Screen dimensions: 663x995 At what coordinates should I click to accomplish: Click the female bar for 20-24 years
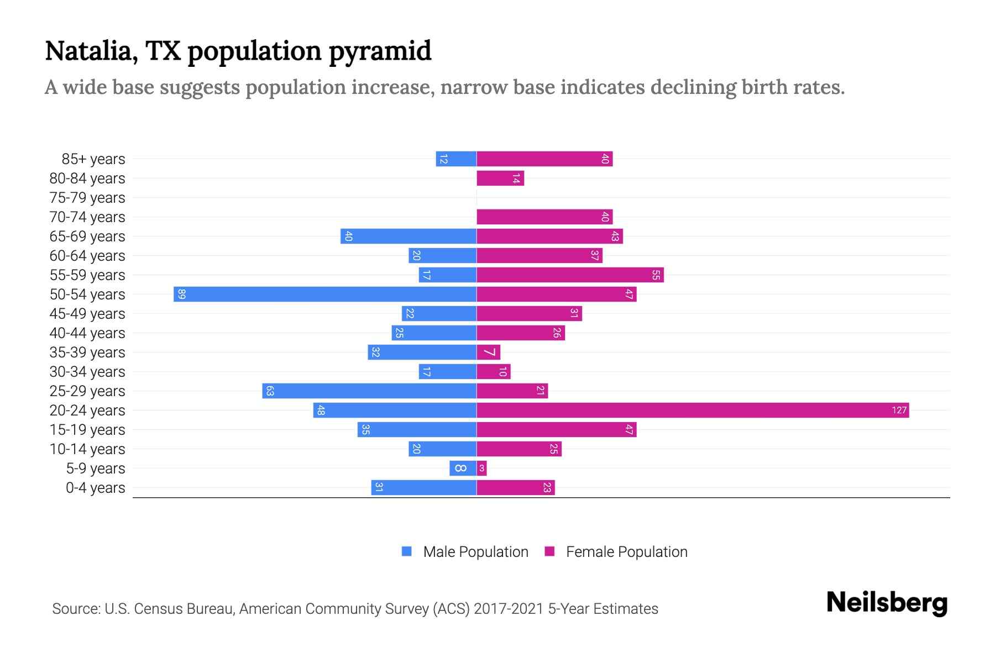pos(692,410)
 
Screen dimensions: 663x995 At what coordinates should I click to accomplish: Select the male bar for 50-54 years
pos(325,294)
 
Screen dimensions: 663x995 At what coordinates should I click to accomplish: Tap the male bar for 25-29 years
pos(369,391)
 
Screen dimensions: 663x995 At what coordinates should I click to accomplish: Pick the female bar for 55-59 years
pos(569,275)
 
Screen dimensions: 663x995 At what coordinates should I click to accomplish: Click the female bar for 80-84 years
pos(500,178)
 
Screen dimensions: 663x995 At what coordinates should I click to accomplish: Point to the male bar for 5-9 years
pos(463,468)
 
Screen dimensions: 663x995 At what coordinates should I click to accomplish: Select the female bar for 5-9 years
pos(481,468)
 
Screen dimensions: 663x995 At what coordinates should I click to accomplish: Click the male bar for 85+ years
pos(456,159)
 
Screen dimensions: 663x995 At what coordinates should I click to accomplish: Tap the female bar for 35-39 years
pos(488,352)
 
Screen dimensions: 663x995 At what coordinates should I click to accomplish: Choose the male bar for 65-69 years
pos(409,236)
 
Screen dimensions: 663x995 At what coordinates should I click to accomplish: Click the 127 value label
pos(899,410)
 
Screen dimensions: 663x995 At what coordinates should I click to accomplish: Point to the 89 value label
pos(182,294)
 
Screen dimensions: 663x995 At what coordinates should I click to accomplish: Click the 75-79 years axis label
pos(87,197)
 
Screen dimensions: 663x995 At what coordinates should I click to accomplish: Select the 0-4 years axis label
pos(95,487)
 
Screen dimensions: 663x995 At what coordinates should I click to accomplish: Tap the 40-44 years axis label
pos(87,333)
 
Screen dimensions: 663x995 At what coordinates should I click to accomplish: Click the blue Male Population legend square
pos(407,551)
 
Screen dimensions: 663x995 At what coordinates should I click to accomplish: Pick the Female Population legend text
pos(626,551)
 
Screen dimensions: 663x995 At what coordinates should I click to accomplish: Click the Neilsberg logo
pos(887,603)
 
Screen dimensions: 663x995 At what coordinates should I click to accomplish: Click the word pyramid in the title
pos(380,51)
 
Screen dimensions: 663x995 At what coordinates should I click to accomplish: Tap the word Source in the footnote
pos(76,608)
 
